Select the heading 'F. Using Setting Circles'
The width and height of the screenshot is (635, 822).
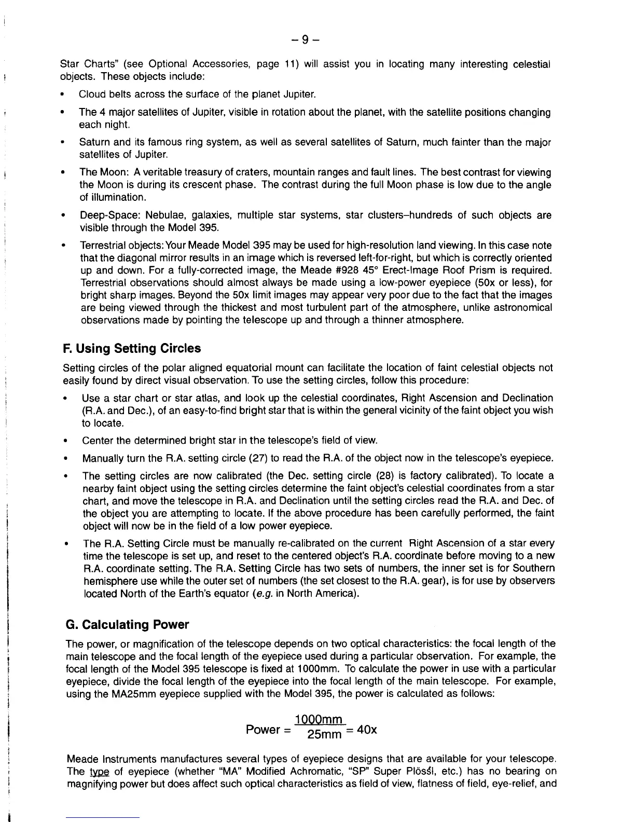131,348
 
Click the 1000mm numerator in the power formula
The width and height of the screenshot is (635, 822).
319,720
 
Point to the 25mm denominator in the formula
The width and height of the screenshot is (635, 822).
324,735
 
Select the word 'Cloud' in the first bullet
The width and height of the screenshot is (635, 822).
91,94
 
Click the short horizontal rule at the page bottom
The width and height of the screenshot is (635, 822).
103,817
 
